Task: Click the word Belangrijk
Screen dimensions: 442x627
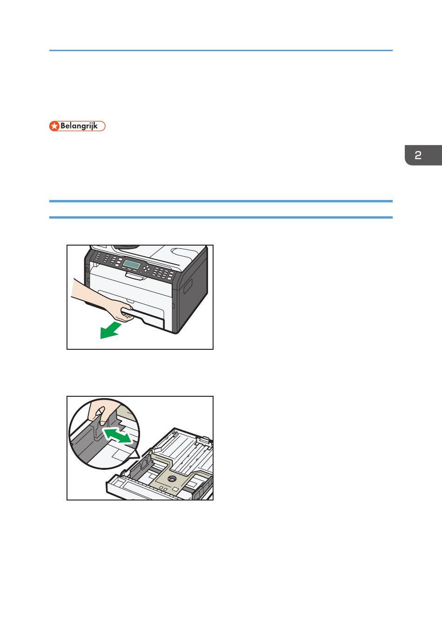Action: coord(79,126)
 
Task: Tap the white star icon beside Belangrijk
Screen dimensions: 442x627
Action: coord(54,126)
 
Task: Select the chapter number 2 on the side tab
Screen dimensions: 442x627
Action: coord(418,155)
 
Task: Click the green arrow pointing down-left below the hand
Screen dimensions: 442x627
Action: coord(110,330)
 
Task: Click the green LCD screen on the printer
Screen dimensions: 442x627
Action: coord(132,264)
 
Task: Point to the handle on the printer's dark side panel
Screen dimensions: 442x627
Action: coord(188,287)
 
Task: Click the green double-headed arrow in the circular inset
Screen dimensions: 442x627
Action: coord(117,436)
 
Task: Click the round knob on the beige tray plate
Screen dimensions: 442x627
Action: coord(172,479)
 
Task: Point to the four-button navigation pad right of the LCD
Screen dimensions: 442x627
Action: coord(146,269)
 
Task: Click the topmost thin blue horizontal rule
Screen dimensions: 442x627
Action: coord(221,50)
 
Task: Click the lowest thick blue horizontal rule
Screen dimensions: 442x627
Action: coord(221,217)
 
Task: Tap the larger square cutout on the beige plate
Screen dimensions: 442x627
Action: coord(175,489)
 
